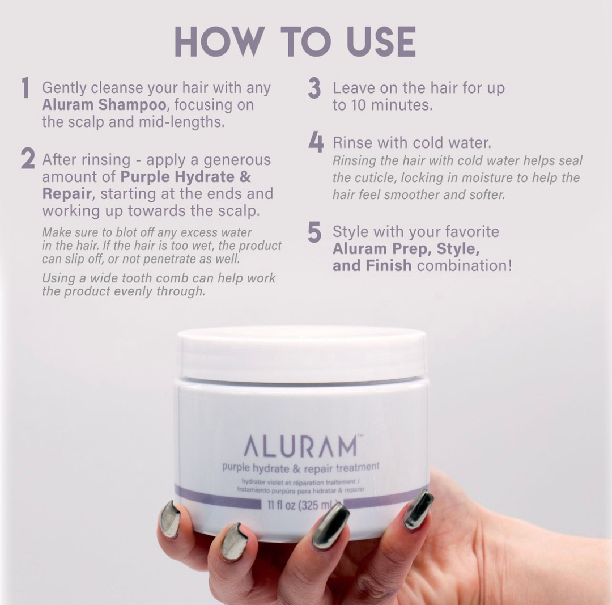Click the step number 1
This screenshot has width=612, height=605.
(25, 88)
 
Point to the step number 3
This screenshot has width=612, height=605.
(314, 88)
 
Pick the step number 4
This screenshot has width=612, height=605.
(316, 142)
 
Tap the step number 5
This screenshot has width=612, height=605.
(314, 232)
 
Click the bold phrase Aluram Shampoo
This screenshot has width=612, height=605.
(105, 105)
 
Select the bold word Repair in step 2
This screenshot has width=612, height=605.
(67, 194)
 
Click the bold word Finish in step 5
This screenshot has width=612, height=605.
(389, 265)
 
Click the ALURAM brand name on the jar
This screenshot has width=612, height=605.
(300, 447)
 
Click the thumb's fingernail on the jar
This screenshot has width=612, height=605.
(418, 510)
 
